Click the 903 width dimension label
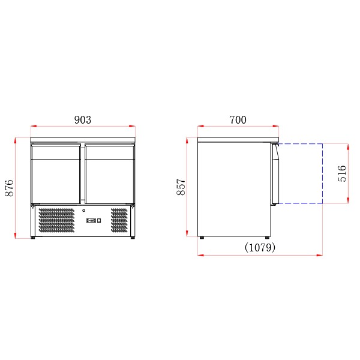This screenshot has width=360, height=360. pyautogui.click(x=83, y=120)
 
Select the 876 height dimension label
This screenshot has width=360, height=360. pyautogui.click(x=9, y=188)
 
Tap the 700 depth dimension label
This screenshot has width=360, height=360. pyautogui.click(x=238, y=120)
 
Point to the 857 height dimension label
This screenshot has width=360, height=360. pyautogui.click(x=181, y=187)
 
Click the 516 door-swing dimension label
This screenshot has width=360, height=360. pyautogui.click(x=342, y=173)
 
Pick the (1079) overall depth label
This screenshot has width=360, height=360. pyautogui.click(x=260, y=247)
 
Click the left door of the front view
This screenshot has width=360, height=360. pyautogui.click(x=56, y=173)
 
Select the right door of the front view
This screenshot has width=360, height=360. pyautogui.click(x=109, y=173)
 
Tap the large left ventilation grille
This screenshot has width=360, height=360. pyautogui.click(x=56, y=220)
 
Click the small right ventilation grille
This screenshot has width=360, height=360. pyautogui.click(x=119, y=220)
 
